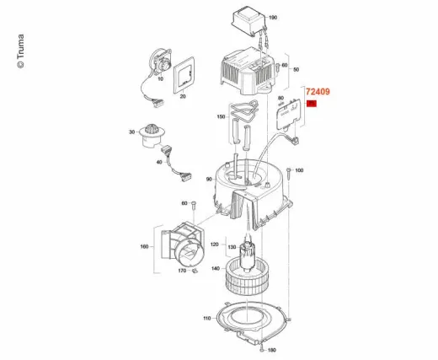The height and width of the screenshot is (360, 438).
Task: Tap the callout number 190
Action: pos(272,17)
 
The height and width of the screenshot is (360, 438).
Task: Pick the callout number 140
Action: pos(216,269)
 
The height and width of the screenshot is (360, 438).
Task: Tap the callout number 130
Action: pos(213,247)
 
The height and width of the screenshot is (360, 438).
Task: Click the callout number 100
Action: pos(299,170)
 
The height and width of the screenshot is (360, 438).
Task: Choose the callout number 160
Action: pos(144,246)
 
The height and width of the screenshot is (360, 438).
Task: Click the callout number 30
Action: pos(132,132)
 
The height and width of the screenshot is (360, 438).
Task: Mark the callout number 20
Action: pos(182,96)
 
